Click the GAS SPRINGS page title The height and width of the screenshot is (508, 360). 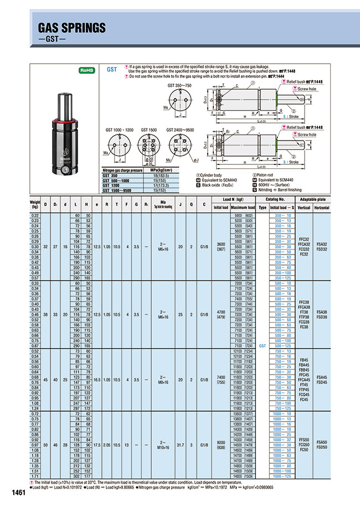click(71, 28)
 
